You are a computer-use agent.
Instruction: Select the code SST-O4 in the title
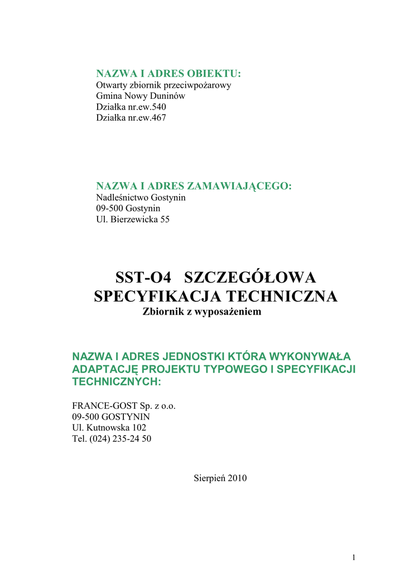[x=142, y=277]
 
